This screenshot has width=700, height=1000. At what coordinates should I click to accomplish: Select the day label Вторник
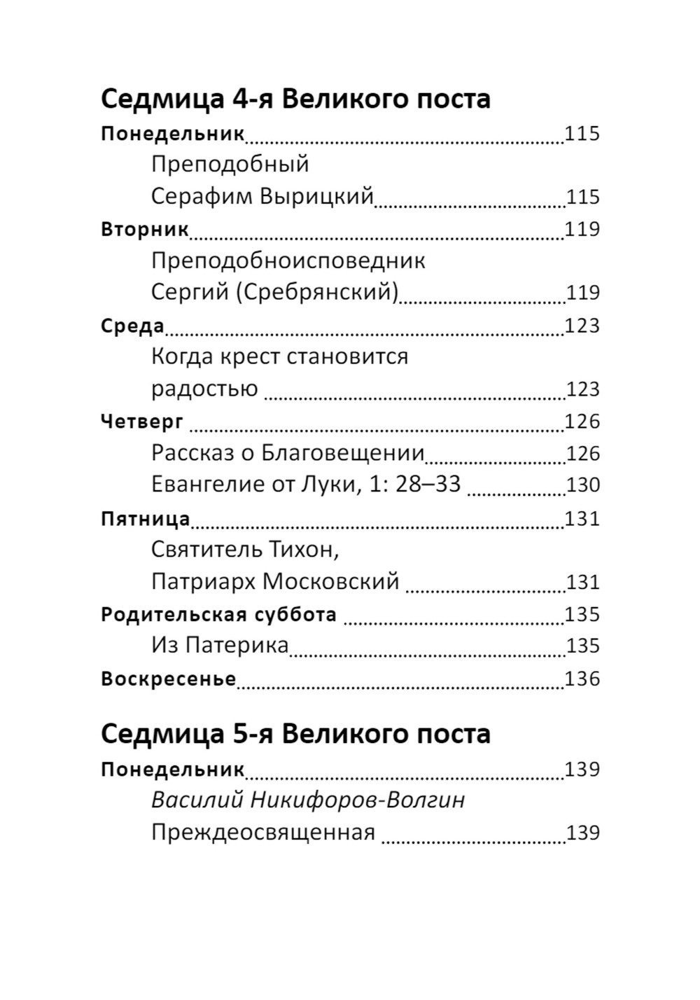pyautogui.click(x=145, y=229)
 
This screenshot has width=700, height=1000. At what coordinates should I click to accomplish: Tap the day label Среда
pyautogui.click(x=132, y=326)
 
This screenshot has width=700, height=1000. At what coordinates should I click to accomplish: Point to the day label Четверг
pyautogui.click(x=142, y=421)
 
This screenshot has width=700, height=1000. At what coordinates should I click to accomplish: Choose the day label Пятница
pyautogui.click(x=146, y=518)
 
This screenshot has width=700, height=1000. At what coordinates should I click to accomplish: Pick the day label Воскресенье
pyautogui.click(x=168, y=679)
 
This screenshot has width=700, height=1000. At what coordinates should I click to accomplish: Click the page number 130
pyautogui.click(x=582, y=485)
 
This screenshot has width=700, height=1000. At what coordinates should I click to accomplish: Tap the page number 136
pyautogui.click(x=582, y=679)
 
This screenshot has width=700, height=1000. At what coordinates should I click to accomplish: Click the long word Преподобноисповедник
pyautogui.click(x=288, y=261)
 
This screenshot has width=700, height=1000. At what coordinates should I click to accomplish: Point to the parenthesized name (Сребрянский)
pyautogui.click(x=316, y=292)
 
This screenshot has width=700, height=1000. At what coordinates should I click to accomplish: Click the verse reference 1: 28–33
pyautogui.click(x=412, y=485)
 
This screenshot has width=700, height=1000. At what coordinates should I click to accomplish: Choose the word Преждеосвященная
pyautogui.click(x=263, y=833)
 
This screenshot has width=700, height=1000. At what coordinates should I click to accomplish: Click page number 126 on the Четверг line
pyautogui.click(x=582, y=421)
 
